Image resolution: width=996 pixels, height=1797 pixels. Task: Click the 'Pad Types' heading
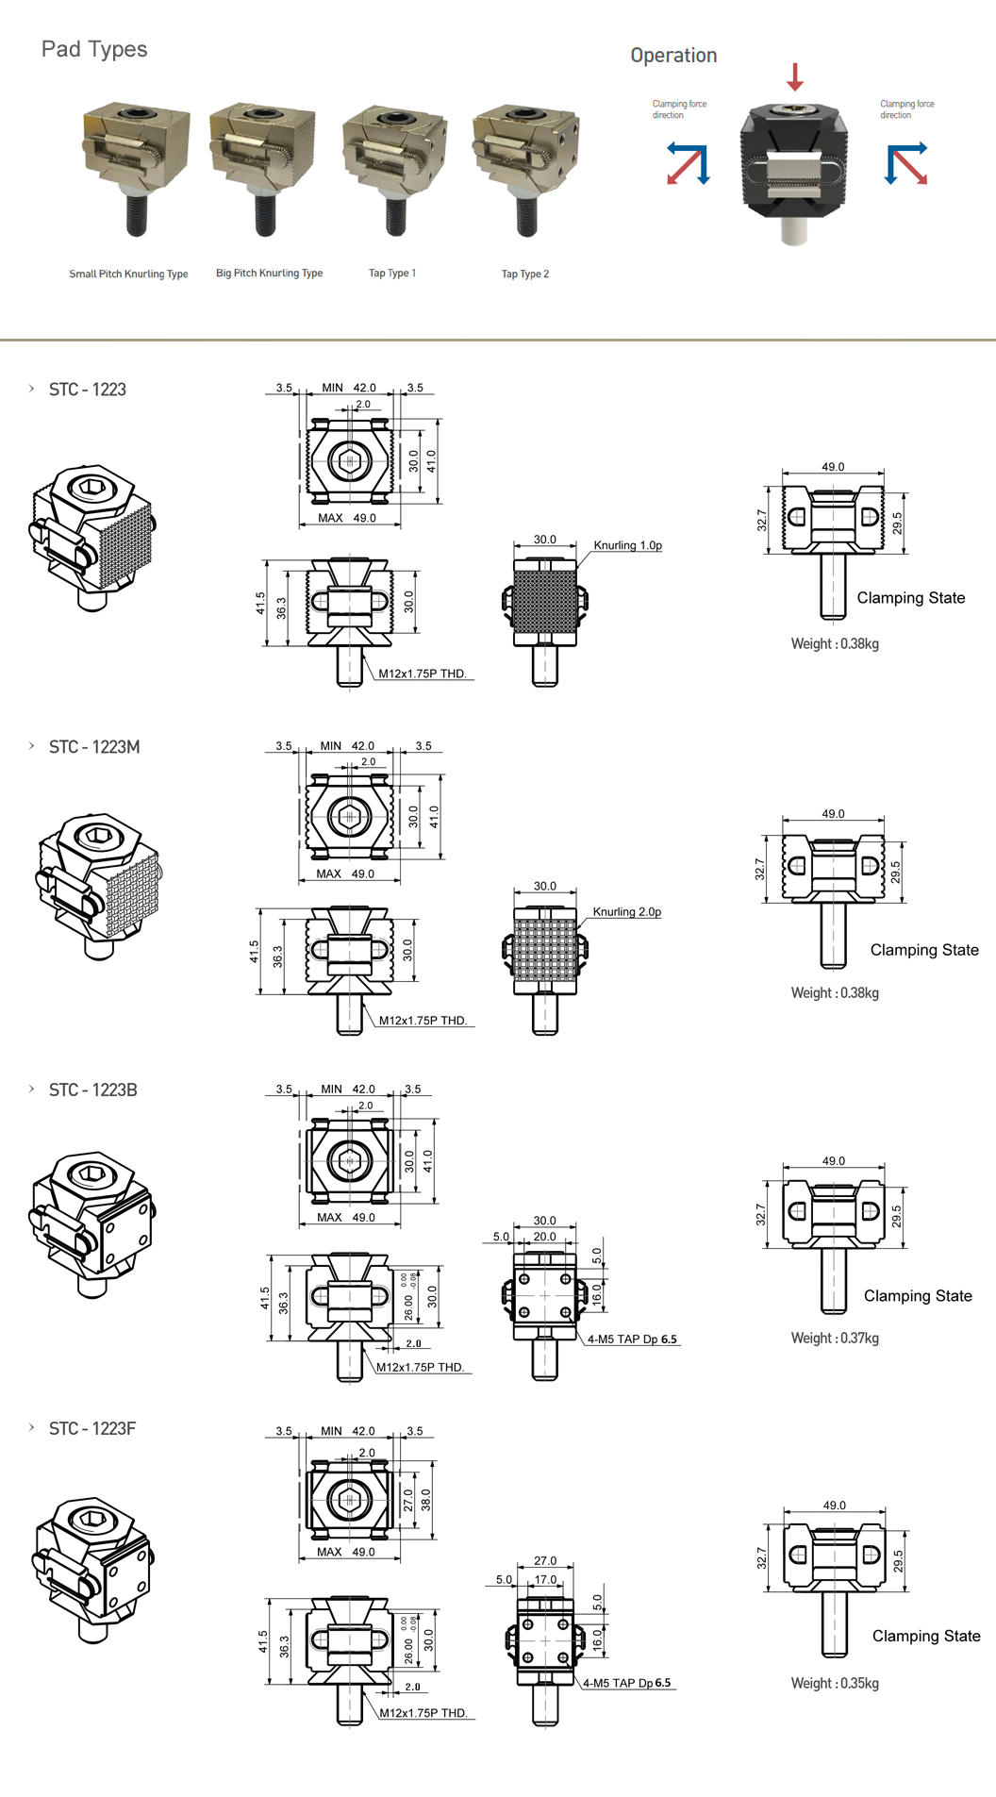pos(94,49)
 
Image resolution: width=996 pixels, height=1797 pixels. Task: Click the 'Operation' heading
pos(673,56)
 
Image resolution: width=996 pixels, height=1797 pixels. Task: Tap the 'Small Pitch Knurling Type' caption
pos(128,275)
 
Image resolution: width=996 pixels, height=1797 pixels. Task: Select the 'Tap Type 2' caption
pos(524,275)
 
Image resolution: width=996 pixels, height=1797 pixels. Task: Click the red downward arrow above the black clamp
pos(795,76)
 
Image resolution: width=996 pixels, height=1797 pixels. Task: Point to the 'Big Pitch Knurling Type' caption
pos(269,274)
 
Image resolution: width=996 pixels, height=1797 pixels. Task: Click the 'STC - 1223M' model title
pos(94,747)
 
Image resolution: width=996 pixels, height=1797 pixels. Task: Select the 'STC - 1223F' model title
pos(92,1429)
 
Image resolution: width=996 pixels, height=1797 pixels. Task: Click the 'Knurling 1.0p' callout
pos(627,545)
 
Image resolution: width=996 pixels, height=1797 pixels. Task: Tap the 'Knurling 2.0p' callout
pos(626,912)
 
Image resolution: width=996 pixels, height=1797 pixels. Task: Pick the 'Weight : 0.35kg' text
pos(835,1684)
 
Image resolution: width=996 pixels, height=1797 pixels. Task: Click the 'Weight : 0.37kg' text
pos(835,1339)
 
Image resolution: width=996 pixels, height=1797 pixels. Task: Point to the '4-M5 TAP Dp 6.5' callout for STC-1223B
pos(632,1339)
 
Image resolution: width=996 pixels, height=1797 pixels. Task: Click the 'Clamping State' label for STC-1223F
pos(925,1637)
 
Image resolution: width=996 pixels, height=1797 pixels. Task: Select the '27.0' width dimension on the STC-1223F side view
pos(545,1561)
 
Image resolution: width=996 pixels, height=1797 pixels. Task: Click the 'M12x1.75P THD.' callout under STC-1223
pos(423,674)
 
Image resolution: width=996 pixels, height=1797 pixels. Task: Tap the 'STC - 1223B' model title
pos(93,1090)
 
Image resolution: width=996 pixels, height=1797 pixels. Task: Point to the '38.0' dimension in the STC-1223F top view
pos(425,1500)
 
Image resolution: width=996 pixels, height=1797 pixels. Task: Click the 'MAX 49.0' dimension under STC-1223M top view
pos(345,874)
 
